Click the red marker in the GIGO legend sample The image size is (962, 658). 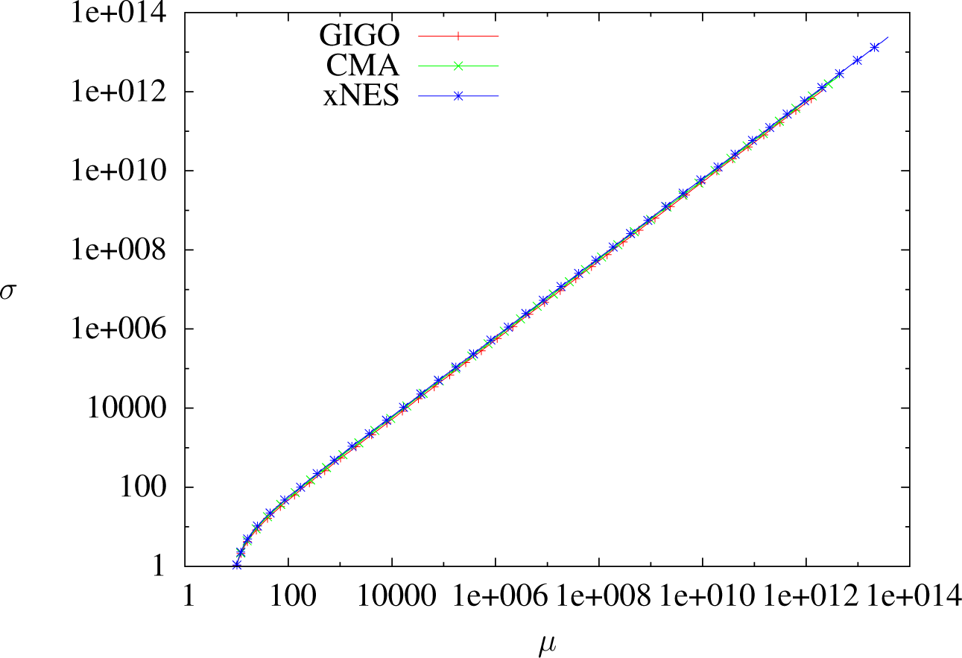pos(458,34)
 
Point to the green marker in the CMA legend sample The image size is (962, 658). pos(458,66)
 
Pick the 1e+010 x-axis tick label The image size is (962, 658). pos(702,598)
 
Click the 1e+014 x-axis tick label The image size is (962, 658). pos(909,598)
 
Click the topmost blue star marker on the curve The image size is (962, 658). pos(875,48)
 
